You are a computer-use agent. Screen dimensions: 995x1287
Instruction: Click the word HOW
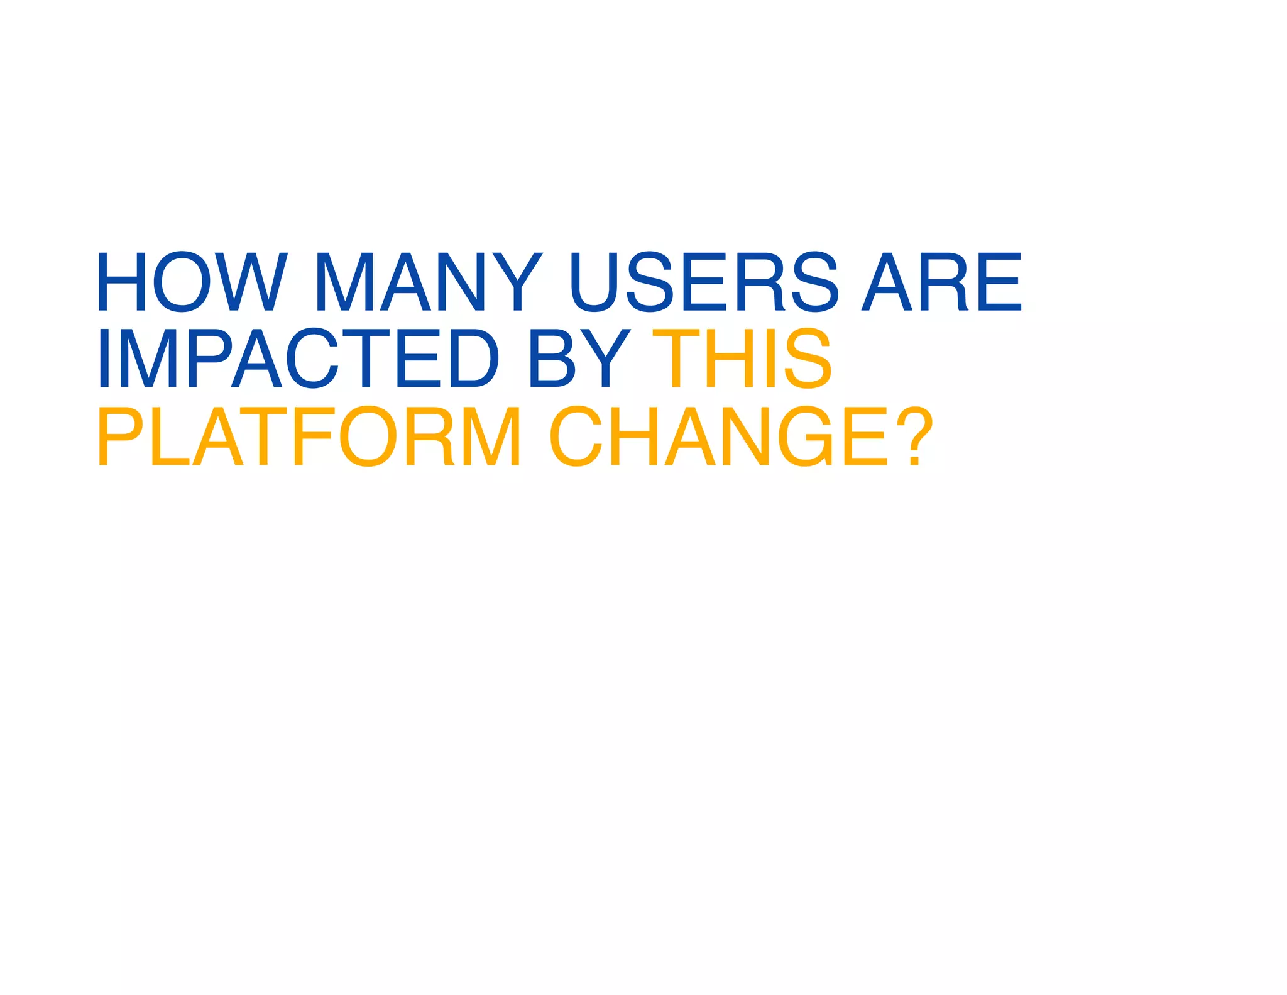(x=192, y=282)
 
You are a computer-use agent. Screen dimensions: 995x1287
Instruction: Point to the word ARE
(x=941, y=282)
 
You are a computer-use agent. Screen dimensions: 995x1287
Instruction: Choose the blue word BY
(x=579, y=359)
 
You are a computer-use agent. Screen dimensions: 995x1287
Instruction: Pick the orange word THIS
(x=742, y=359)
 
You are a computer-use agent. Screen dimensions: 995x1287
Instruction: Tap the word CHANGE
(x=720, y=436)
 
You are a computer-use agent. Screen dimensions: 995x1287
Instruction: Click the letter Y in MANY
(x=517, y=282)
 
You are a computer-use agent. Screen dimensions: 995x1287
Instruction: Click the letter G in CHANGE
(x=805, y=436)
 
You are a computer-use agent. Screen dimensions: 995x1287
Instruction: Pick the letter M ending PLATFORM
(x=491, y=436)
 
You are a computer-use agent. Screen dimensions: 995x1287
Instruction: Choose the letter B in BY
(x=552, y=359)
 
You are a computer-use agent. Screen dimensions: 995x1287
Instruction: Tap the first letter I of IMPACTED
(x=104, y=359)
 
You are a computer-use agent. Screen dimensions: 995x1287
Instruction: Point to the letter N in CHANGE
(x=746, y=436)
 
